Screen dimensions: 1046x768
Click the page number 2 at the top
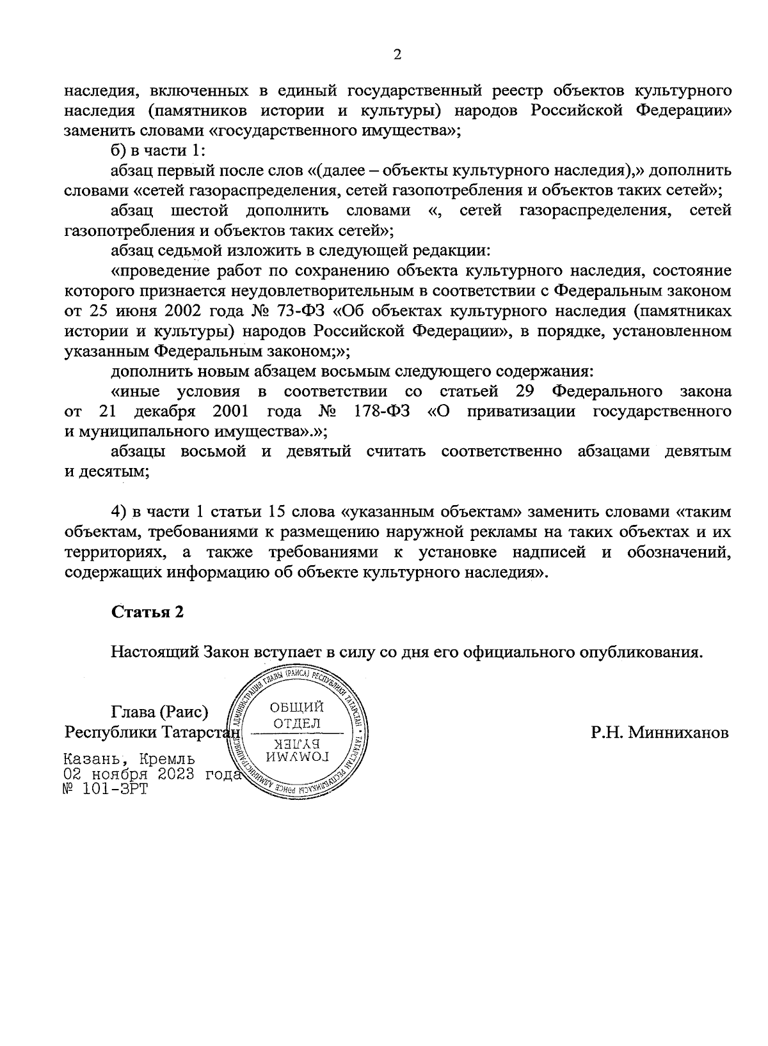tap(396, 56)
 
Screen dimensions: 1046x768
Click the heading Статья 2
tap(148, 612)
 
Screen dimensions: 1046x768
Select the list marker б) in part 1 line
tap(120, 151)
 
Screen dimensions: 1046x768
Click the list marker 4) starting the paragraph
tap(120, 511)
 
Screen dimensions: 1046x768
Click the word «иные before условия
tap(135, 391)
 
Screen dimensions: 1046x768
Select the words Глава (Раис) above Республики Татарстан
tap(159, 712)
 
